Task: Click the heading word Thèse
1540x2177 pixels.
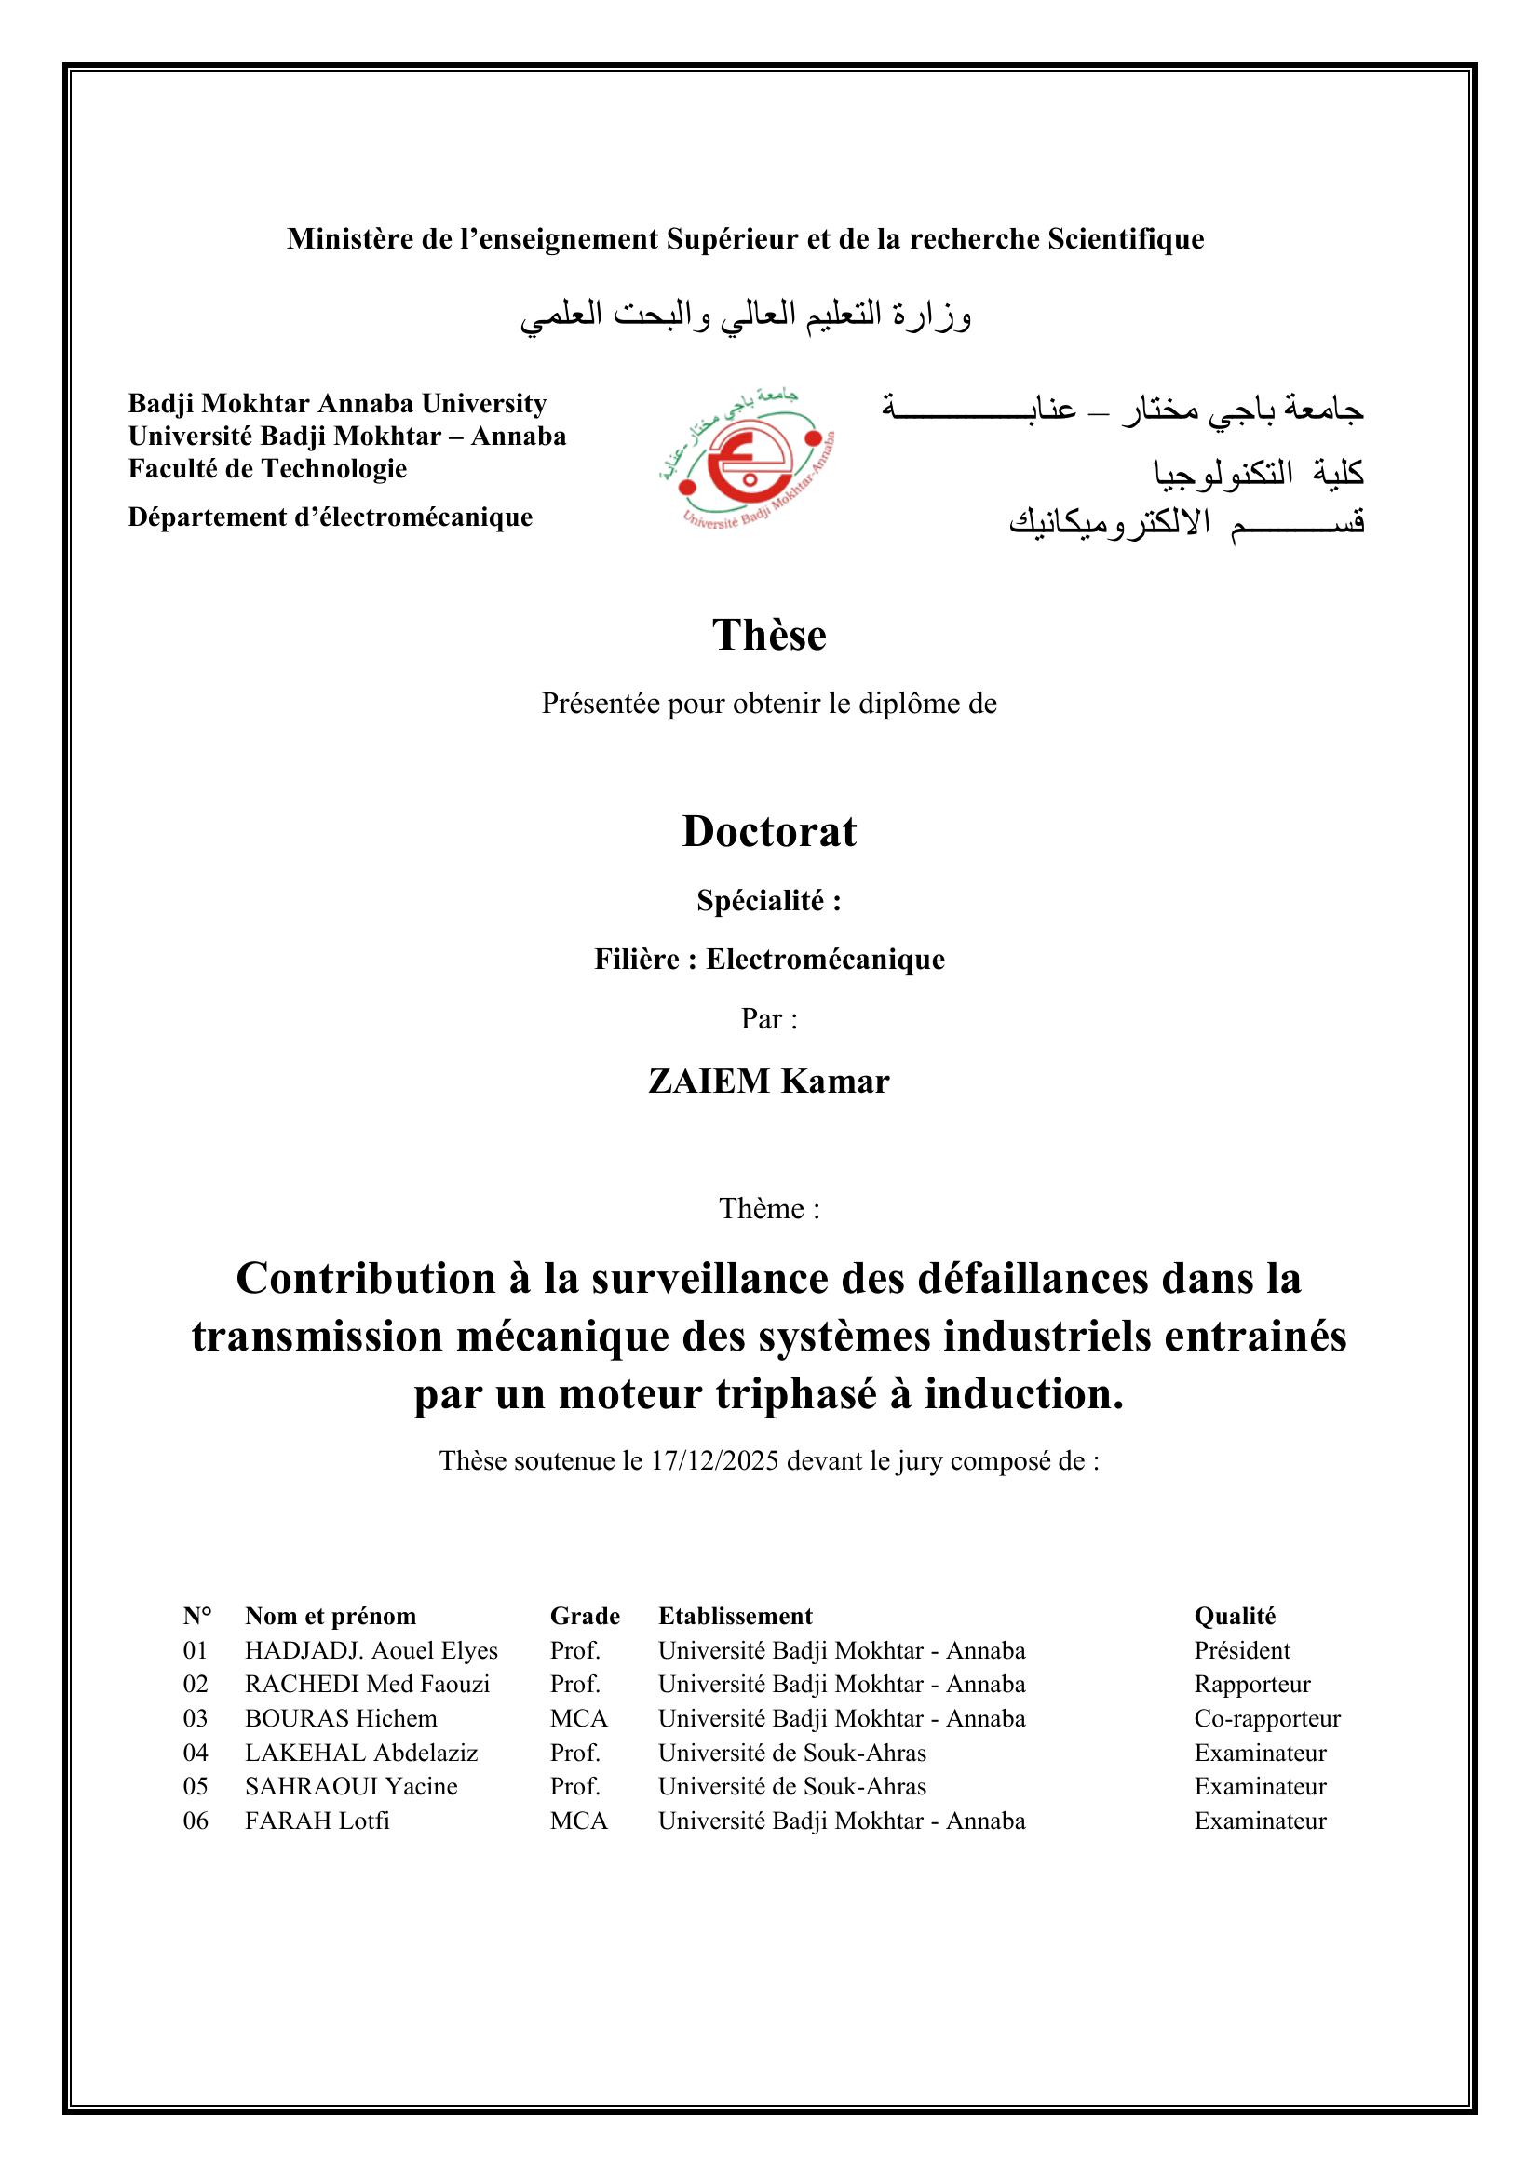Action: coord(769,636)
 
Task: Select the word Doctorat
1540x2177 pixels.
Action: coord(769,831)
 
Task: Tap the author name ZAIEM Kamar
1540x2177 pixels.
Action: coord(769,1082)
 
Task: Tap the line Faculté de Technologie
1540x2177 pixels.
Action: coord(267,468)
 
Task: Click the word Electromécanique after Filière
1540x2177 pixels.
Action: coord(825,960)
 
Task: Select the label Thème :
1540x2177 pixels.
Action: coord(769,1209)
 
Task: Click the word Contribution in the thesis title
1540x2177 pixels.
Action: coord(365,1278)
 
